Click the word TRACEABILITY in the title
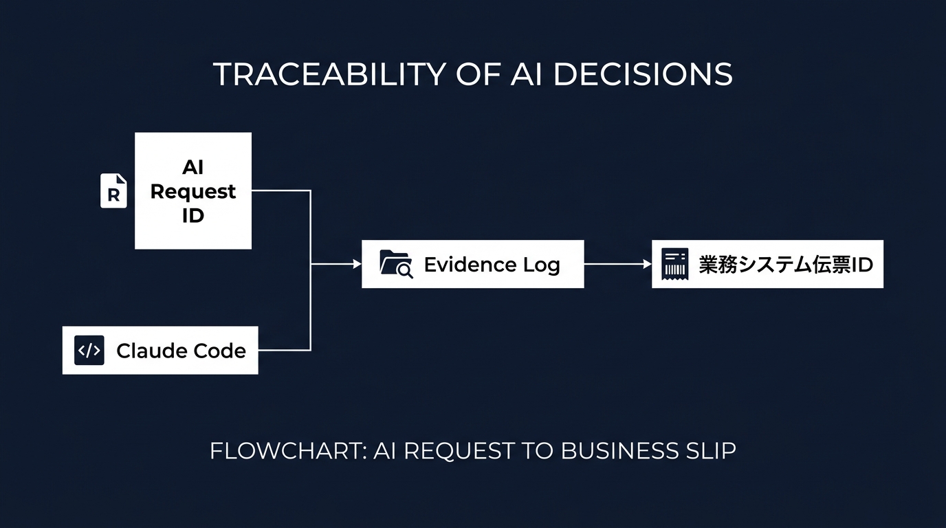(x=329, y=74)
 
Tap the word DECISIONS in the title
(x=643, y=74)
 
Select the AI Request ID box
(x=193, y=190)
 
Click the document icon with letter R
(x=113, y=190)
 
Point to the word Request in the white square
(x=193, y=191)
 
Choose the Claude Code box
(x=160, y=350)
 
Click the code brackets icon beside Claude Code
(x=89, y=350)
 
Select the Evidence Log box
(x=473, y=264)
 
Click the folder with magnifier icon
(x=396, y=264)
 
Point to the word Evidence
(x=470, y=265)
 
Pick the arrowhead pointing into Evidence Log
(x=357, y=264)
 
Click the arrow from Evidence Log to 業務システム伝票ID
(x=618, y=264)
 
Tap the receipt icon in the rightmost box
(x=675, y=264)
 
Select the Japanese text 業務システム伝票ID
(x=786, y=265)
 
